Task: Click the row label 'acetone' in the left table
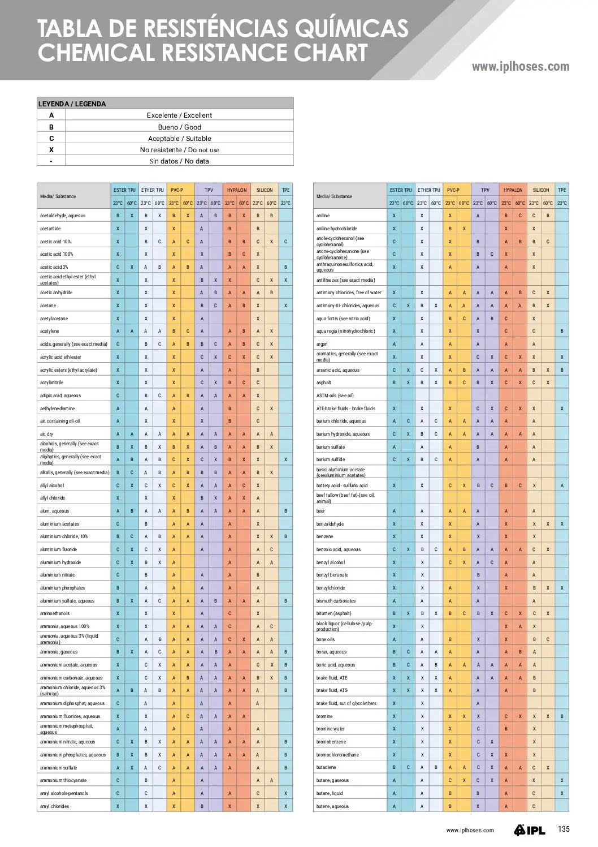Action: (48, 306)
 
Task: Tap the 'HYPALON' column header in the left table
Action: (237, 190)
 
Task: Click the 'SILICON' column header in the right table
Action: (541, 190)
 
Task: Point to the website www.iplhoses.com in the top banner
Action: (521, 67)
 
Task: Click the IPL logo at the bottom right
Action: (530, 830)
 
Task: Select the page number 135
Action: (564, 829)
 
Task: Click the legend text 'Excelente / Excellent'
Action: (179, 115)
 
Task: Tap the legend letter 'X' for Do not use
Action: (51, 150)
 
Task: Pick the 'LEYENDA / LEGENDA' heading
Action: (72, 104)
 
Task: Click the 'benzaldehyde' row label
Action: (330, 524)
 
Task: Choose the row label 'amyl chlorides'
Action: (54, 806)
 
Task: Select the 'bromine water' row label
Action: (331, 729)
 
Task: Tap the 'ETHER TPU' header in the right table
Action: (429, 190)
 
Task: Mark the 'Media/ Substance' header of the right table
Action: (334, 196)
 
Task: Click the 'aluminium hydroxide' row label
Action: (60, 562)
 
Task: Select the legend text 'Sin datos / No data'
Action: (179, 161)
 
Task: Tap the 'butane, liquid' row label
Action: (330, 793)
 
